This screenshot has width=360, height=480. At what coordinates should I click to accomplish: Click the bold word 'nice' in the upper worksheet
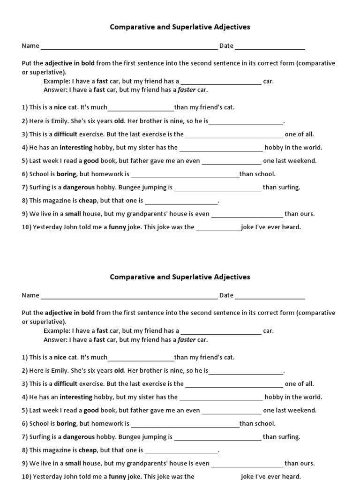(x=60, y=107)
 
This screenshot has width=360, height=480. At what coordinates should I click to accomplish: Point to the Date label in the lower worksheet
(x=226, y=295)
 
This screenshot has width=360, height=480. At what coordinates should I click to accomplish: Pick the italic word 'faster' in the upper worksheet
(x=187, y=90)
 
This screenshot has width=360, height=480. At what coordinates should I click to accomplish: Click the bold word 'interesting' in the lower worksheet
(x=76, y=397)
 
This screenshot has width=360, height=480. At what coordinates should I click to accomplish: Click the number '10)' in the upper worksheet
(x=26, y=227)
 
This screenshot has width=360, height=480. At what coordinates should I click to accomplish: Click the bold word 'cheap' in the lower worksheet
(x=88, y=450)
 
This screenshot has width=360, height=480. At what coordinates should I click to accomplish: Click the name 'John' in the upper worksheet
(x=70, y=227)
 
